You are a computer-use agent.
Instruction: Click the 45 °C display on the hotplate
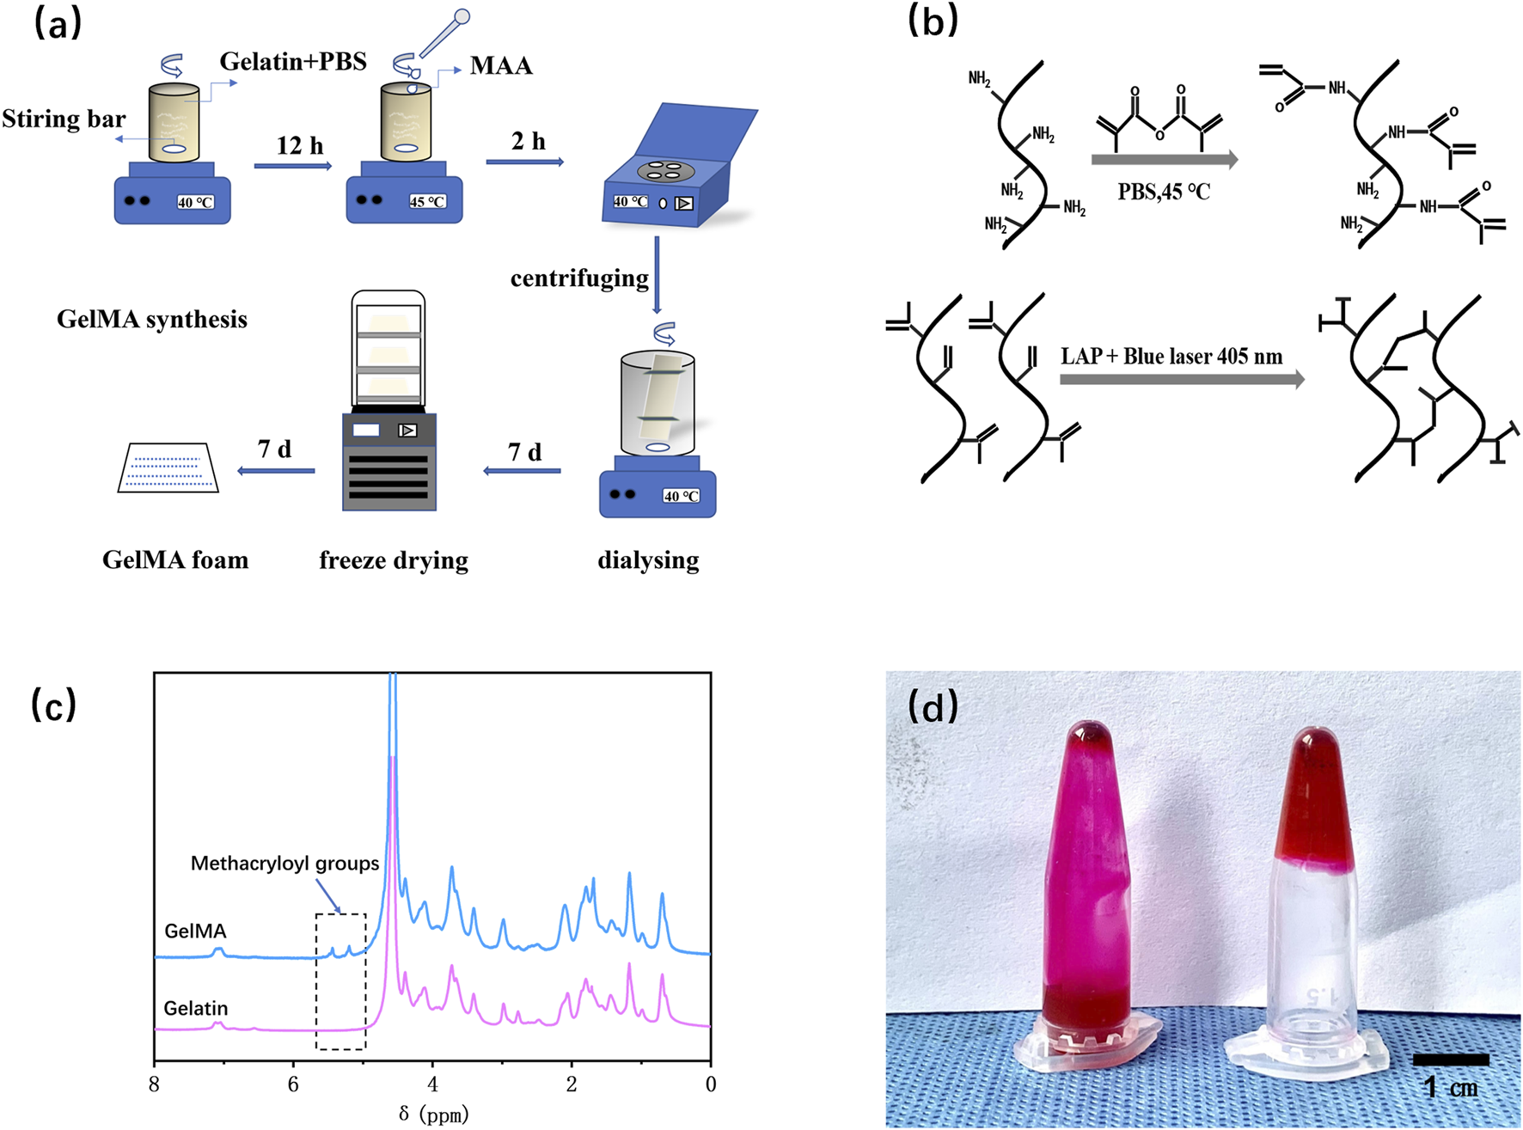[x=427, y=202]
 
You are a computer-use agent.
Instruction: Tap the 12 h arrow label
[x=300, y=146]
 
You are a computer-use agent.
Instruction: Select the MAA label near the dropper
[x=501, y=66]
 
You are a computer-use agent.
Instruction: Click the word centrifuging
[x=579, y=278]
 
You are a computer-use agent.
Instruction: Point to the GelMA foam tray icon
[x=168, y=468]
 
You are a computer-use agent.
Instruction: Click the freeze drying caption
[x=394, y=560]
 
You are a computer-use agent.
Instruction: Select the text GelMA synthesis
[x=152, y=320]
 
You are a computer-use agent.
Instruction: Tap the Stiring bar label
[x=64, y=119]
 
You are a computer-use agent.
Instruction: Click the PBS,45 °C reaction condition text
[x=1164, y=192]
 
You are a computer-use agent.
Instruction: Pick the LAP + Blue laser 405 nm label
[x=1171, y=356]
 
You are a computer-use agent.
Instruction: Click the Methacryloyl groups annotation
[x=284, y=864]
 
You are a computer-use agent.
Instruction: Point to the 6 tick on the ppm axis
[x=293, y=1084]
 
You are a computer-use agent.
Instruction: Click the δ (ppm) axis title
[x=434, y=1115]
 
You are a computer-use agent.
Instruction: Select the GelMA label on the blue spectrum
[x=196, y=931]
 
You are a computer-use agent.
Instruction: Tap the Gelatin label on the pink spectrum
[x=196, y=1008]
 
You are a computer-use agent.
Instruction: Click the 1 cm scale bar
[x=1451, y=1060]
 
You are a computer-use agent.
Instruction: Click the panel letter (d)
[x=933, y=706]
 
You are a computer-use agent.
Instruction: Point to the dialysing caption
[x=648, y=560]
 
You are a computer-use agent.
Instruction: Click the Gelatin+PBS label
[x=293, y=62]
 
